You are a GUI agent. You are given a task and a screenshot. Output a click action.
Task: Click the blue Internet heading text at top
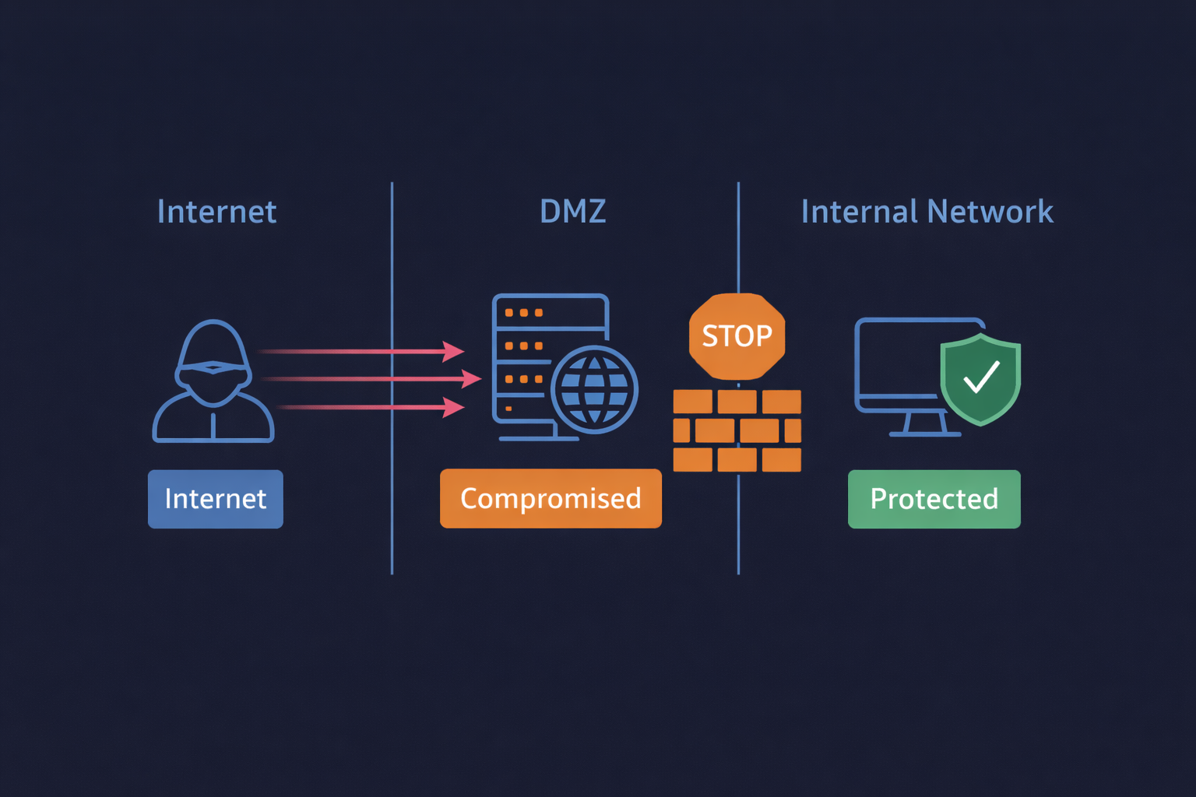[216, 212]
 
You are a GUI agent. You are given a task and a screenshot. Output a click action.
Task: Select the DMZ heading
[572, 212]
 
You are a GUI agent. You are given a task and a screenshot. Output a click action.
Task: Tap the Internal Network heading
[927, 212]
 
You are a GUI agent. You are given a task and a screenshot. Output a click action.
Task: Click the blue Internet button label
[216, 499]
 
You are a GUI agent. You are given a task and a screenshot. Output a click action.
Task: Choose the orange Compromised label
[551, 499]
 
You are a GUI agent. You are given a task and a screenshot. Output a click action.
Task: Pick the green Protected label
[934, 499]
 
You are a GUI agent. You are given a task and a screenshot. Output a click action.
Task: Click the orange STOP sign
[737, 336]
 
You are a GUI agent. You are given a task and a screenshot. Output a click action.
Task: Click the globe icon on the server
[594, 389]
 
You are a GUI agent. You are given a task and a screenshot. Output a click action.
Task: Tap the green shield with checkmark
[980, 379]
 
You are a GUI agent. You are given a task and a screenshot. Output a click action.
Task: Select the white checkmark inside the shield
[981, 377]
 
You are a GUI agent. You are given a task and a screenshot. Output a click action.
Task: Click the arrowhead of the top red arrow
[454, 352]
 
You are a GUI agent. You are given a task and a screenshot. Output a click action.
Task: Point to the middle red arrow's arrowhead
[471, 379]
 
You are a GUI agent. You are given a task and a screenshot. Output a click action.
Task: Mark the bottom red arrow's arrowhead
[454, 407]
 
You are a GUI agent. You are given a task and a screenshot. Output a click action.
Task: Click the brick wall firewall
[737, 430]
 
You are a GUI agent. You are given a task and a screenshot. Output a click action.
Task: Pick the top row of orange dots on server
[523, 313]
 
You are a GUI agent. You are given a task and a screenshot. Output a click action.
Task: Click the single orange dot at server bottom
[508, 409]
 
